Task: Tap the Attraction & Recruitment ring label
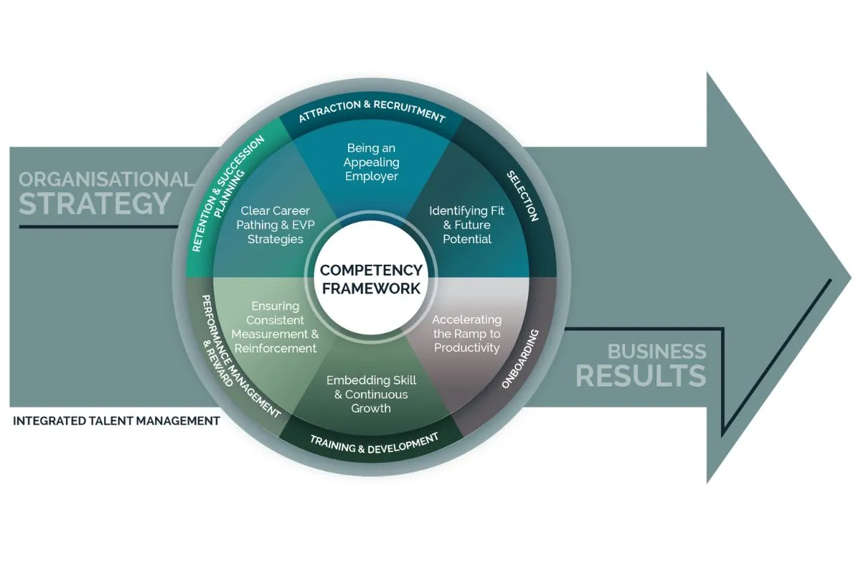point(372,110)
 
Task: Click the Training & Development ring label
point(374,443)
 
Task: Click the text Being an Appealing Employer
point(371,161)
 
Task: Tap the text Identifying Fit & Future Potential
point(466,225)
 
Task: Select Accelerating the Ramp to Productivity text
point(466,333)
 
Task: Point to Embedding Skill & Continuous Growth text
point(371,394)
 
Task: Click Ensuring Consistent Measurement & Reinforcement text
point(275,327)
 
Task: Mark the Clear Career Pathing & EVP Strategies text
point(276,225)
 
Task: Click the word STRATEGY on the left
point(95,203)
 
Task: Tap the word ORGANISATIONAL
point(105,179)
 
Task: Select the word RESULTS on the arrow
point(641,375)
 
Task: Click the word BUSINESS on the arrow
point(657,352)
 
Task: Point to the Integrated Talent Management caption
point(116,421)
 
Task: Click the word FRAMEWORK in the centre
point(371,288)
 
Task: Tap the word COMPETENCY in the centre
point(371,270)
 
